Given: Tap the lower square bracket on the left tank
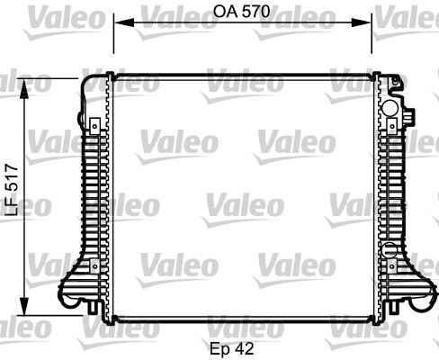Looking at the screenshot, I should click(x=91, y=265).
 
